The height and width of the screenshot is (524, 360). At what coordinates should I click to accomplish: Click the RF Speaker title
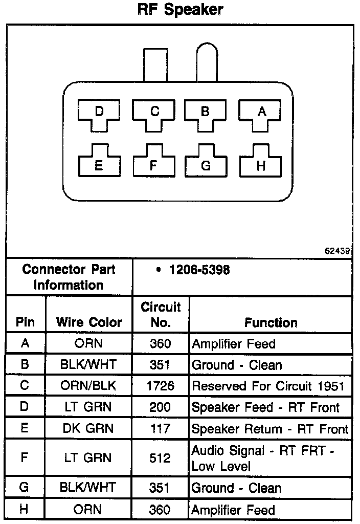pos(181,10)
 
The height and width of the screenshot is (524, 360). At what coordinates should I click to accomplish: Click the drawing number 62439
pos(337,251)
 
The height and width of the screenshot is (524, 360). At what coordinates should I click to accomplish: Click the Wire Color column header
pos(89,322)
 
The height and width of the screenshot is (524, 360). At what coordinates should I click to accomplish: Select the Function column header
pos(271,322)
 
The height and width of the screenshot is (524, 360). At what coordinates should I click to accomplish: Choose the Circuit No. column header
pos(161,315)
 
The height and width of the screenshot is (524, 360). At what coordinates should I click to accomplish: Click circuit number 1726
pos(161,386)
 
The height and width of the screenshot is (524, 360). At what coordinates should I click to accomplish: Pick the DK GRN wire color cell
pos(89,429)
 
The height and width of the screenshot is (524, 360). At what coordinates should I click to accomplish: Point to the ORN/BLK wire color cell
pos(89,386)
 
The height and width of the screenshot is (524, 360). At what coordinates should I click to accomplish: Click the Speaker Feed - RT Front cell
pos(265,407)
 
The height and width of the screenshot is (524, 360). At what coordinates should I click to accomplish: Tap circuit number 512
pos(161,458)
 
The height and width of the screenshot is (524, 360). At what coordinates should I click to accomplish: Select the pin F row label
pos(25,458)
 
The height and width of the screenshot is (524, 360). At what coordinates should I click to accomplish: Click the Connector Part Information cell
pos(69,277)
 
